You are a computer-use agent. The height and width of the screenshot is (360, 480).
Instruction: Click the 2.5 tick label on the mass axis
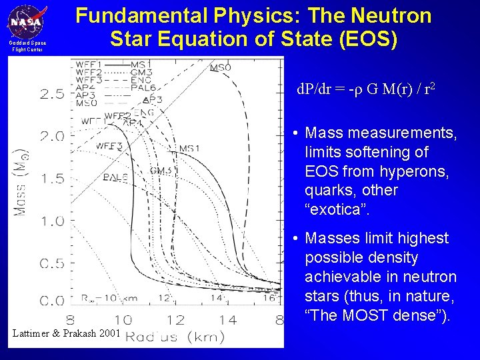52,94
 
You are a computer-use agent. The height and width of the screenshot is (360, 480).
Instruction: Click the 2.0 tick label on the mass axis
52,137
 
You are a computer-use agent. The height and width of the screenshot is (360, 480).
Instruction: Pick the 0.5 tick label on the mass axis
52,263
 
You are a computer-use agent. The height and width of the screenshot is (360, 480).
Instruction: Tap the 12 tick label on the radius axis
175,320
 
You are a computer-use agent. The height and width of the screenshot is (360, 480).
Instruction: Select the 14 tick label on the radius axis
228,320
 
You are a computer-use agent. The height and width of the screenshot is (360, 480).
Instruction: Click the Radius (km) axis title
175,337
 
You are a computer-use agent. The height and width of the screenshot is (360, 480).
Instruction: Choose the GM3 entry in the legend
141,72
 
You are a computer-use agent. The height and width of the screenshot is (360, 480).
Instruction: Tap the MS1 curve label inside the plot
189,147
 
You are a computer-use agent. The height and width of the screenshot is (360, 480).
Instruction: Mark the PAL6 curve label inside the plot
115,177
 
